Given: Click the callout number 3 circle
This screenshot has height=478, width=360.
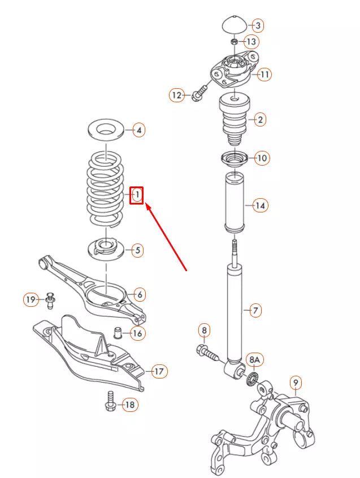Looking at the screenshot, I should point(258,25).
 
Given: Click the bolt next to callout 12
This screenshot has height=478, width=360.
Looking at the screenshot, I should point(199,95).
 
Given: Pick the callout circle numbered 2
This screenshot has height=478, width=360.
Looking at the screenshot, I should point(260,120).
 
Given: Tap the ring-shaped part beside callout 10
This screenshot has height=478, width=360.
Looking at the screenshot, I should point(233,159).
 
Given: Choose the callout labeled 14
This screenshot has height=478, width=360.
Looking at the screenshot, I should point(260,205).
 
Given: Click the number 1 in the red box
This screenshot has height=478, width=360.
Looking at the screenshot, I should point(137,195).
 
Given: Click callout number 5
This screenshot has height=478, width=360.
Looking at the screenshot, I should point(137,250).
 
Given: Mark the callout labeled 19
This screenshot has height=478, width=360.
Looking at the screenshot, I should point(31,299).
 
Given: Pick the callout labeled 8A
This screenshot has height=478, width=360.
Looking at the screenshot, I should point(254,360).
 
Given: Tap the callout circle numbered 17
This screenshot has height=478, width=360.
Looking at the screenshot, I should point(159,371).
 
